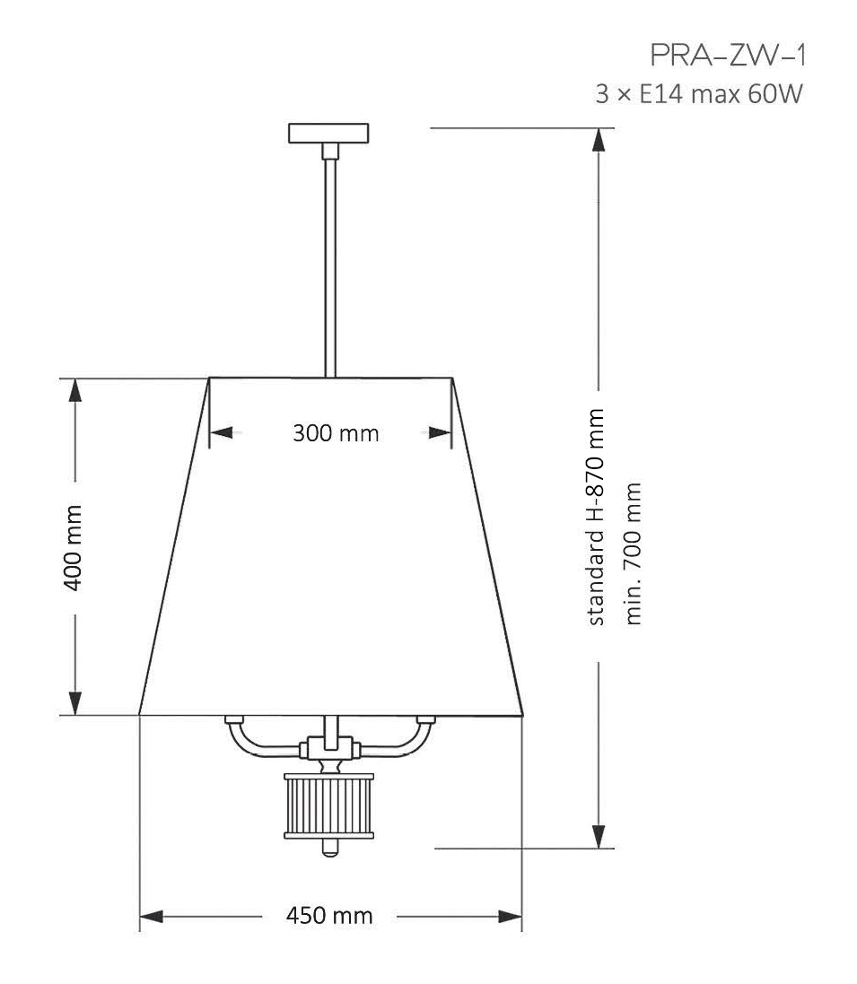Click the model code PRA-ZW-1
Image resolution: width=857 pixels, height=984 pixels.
point(727,56)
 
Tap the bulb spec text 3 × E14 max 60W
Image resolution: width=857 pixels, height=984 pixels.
point(699,94)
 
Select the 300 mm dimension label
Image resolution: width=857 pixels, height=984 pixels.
point(336,433)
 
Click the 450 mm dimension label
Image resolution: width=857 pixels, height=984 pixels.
point(329,916)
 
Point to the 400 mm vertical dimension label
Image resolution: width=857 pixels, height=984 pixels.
point(74,547)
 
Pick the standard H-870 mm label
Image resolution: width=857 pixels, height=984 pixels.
point(595,517)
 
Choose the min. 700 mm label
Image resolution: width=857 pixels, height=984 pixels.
point(633,553)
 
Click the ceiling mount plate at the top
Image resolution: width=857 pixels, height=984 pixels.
point(328,133)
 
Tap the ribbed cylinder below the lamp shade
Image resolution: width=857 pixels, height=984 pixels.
point(329,805)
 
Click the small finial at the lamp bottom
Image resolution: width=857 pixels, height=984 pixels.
point(329,848)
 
